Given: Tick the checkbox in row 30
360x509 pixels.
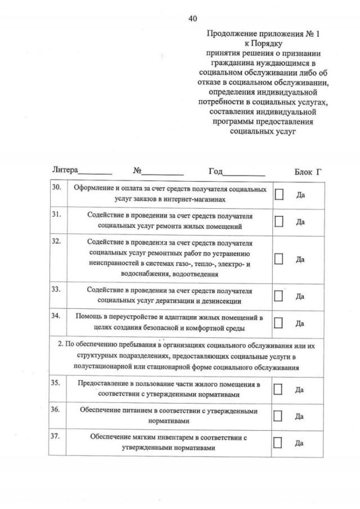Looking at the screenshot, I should tap(279, 194).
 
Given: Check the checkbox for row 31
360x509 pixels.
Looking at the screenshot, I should tap(279, 221).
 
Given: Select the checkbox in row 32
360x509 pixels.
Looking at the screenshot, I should tap(279, 259).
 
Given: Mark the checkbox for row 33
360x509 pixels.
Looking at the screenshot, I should tap(279, 296).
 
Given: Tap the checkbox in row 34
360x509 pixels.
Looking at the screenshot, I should tap(279, 323).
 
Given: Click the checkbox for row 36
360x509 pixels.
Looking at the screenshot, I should tap(279, 416).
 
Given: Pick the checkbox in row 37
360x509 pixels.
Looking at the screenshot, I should tap(279, 442).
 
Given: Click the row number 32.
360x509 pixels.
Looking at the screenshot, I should tap(56, 242).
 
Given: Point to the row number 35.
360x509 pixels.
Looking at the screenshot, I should tap(56, 383).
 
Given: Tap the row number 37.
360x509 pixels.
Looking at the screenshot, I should tap(56, 436).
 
